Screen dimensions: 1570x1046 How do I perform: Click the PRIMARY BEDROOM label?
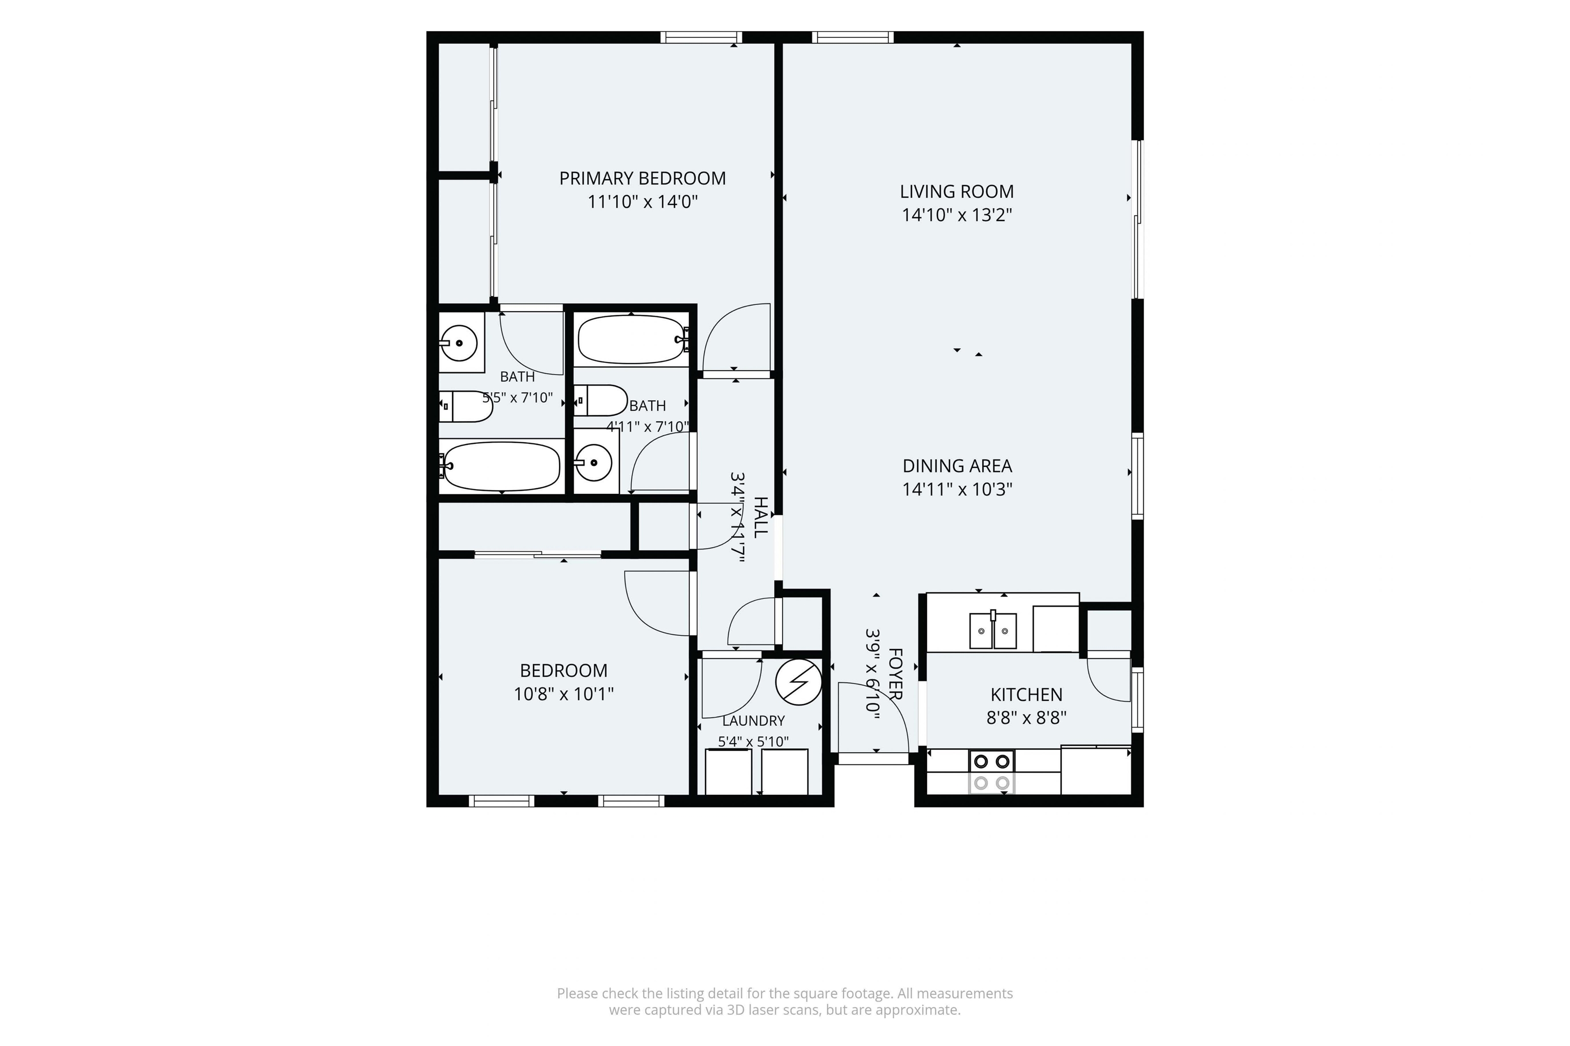[x=642, y=178]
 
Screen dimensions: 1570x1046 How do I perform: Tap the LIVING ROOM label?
[x=957, y=192]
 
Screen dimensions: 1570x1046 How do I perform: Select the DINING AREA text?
[x=957, y=466]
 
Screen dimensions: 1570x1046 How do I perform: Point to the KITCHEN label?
[x=1026, y=695]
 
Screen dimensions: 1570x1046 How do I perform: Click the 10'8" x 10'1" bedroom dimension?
[x=563, y=694]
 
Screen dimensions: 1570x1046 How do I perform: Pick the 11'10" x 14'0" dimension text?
[x=642, y=201]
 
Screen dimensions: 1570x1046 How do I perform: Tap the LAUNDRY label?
[x=753, y=721]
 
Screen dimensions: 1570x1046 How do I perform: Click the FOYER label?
[x=895, y=674]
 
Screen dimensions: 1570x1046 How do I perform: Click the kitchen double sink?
[x=992, y=630]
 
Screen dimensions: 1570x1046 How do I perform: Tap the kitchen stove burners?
[x=991, y=772]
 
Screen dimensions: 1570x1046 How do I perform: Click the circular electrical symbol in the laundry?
[x=798, y=682]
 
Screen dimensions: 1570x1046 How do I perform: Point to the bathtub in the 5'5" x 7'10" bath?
[x=502, y=466]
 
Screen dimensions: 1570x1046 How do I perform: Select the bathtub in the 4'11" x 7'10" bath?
[x=632, y=340]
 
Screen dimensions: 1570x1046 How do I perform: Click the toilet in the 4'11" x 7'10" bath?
[x=599, y=400]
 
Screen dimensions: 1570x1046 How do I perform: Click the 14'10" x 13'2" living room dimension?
[x=957, y=215]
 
